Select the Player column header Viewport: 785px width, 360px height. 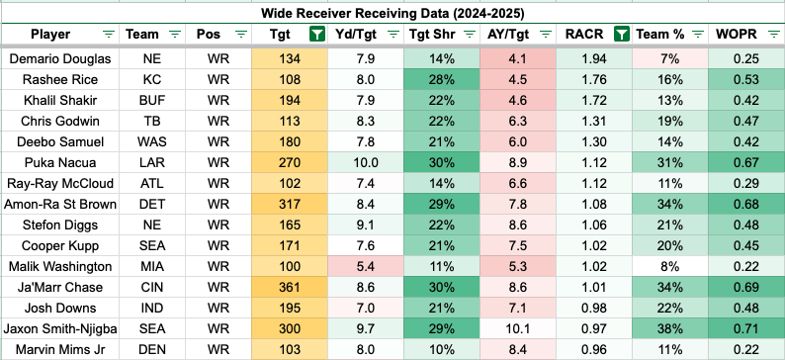click(50, 34)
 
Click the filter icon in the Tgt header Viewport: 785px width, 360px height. click(316, 34)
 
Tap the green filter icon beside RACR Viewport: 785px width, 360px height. click(621, 34)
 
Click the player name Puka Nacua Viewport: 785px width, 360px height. click(59, 163)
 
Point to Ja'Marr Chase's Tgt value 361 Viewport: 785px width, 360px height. click(291, 287)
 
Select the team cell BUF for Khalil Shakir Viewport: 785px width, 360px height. click(152, 100)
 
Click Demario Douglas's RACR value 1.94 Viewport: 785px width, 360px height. click(593, 58)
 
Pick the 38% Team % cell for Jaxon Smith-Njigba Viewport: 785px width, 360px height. click(670, 328)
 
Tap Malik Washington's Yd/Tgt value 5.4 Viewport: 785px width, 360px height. click(366, 266)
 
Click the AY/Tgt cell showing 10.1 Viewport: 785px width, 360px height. click(518, 328)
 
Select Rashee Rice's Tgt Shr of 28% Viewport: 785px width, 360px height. click(442, 79)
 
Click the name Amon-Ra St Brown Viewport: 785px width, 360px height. click(59, 205)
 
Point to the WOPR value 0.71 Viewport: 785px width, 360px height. click(746, 328)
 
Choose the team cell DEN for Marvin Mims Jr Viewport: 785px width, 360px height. click(152, 349)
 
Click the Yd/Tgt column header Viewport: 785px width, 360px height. click(356, 34)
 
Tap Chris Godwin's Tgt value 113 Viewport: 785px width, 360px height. click(291, 122)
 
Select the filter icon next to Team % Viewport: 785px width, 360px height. click(697, 34)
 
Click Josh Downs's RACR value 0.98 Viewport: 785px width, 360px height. click(593, 308)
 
